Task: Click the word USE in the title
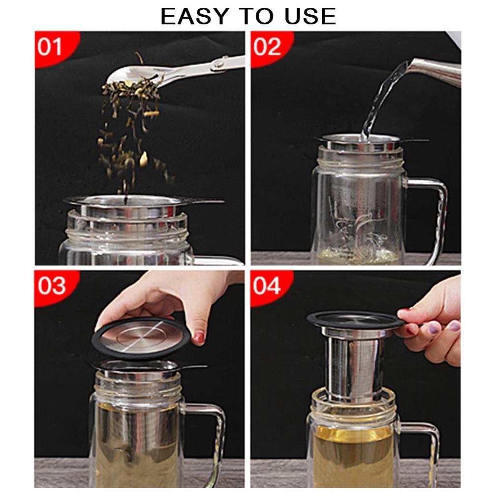(x=310, y=16)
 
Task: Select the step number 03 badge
(x=52, y=286)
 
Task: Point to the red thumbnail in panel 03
(x=199, y=338)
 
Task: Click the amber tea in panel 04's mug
(x=353, y=455)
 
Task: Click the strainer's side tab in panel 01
(x=204, y=201)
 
